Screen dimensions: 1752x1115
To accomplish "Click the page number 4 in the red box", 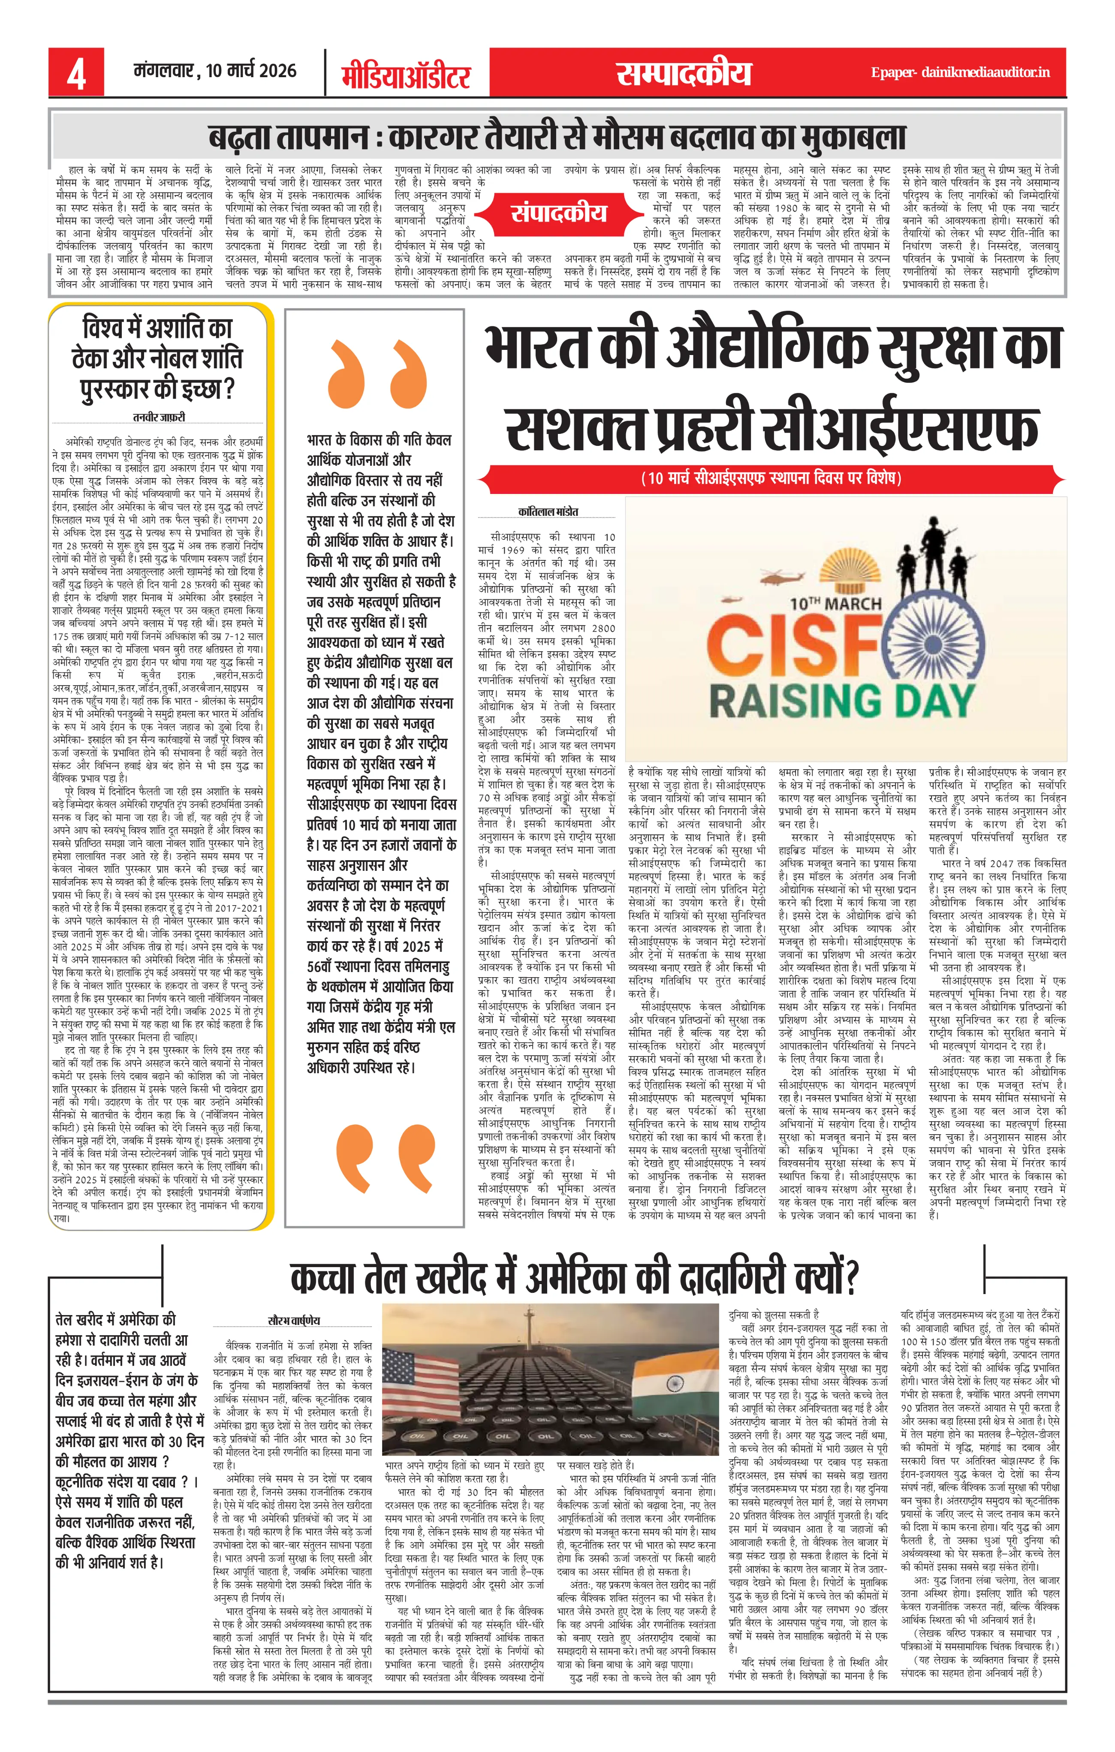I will tap(76, 73).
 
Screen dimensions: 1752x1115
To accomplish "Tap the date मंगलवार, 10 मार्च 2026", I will tap(215, 71).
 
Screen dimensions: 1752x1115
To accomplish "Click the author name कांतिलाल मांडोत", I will tap(548, 512).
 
